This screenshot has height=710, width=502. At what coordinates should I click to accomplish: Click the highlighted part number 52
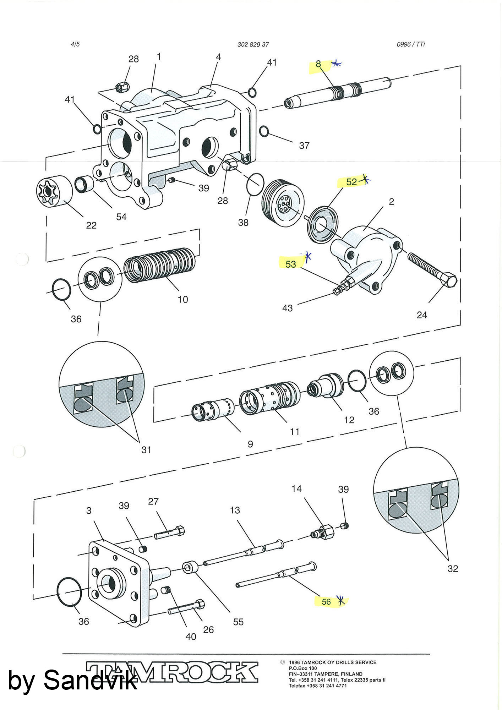click(x=351, y=182)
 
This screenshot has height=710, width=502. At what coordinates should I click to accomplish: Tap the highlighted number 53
click(x=291, y=264)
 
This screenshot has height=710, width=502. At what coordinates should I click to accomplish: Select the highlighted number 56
click(x=326, y=602)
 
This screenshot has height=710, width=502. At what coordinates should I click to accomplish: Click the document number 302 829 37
click(x=253, y=44)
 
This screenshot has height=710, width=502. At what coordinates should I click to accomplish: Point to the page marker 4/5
click(x=75, y=44)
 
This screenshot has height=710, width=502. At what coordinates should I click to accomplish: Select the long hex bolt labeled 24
click(x=432, y=269)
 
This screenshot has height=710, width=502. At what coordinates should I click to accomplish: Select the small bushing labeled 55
click(x=190, y=567)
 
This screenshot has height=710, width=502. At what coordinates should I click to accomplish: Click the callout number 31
click(x=146, y=450)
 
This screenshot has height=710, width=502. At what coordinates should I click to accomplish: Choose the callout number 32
click(x=453, y=569)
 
